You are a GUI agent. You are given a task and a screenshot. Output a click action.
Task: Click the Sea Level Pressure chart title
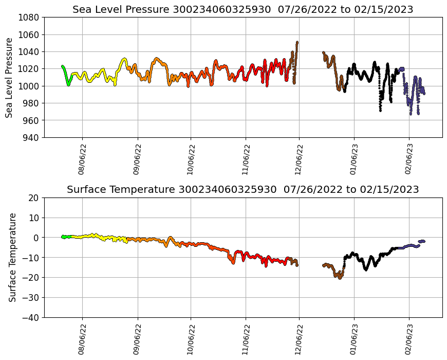[x=243, y=9]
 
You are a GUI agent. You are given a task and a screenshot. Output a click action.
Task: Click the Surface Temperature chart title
[x=243, y=189]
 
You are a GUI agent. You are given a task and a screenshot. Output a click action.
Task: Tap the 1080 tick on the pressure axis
[x=30, y=17]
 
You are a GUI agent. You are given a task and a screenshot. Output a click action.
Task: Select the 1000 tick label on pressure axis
[x=30, y=86]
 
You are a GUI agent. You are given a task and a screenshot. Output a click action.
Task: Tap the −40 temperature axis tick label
[x=32, y=317]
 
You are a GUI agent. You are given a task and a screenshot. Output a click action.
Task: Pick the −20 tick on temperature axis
[x=32, y=278]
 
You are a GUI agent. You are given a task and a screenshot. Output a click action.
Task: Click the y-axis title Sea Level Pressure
[x=9, y=77]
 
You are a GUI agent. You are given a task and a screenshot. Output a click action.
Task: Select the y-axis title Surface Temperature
[x=12, y=257]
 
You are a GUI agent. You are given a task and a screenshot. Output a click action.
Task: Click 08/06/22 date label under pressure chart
[x=82, y=159]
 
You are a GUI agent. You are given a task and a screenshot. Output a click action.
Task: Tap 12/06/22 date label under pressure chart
[x=299, y=159]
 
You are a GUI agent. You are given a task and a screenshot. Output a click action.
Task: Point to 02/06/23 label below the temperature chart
[x=409, y=339]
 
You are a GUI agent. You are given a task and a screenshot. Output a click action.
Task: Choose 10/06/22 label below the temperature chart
[x=191, y=339]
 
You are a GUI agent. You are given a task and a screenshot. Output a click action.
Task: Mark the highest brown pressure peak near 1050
[x=297, y=43]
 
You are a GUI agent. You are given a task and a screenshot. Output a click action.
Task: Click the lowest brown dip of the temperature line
[x=340, y=278]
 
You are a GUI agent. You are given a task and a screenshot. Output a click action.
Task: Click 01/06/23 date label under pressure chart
[x=353, y=159]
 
